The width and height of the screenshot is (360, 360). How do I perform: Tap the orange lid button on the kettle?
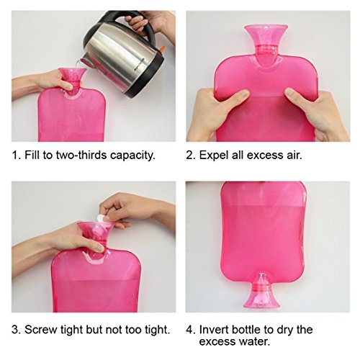(x=162, y=49)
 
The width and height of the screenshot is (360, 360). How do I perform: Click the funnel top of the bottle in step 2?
(x=266, y=35)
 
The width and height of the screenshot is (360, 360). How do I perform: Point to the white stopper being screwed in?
(x=101, y=219)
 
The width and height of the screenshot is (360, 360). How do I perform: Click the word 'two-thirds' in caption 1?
(x=81, y=155)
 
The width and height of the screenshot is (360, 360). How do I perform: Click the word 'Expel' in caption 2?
(x=213, y=156)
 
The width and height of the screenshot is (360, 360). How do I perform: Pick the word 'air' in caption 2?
(x=294, y=156)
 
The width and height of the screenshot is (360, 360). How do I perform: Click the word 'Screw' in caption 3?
(x=41, y=330)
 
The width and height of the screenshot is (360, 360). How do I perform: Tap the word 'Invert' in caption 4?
(x=213, y=330)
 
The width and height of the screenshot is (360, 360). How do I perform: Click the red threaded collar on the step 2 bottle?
(x=266, y=50)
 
